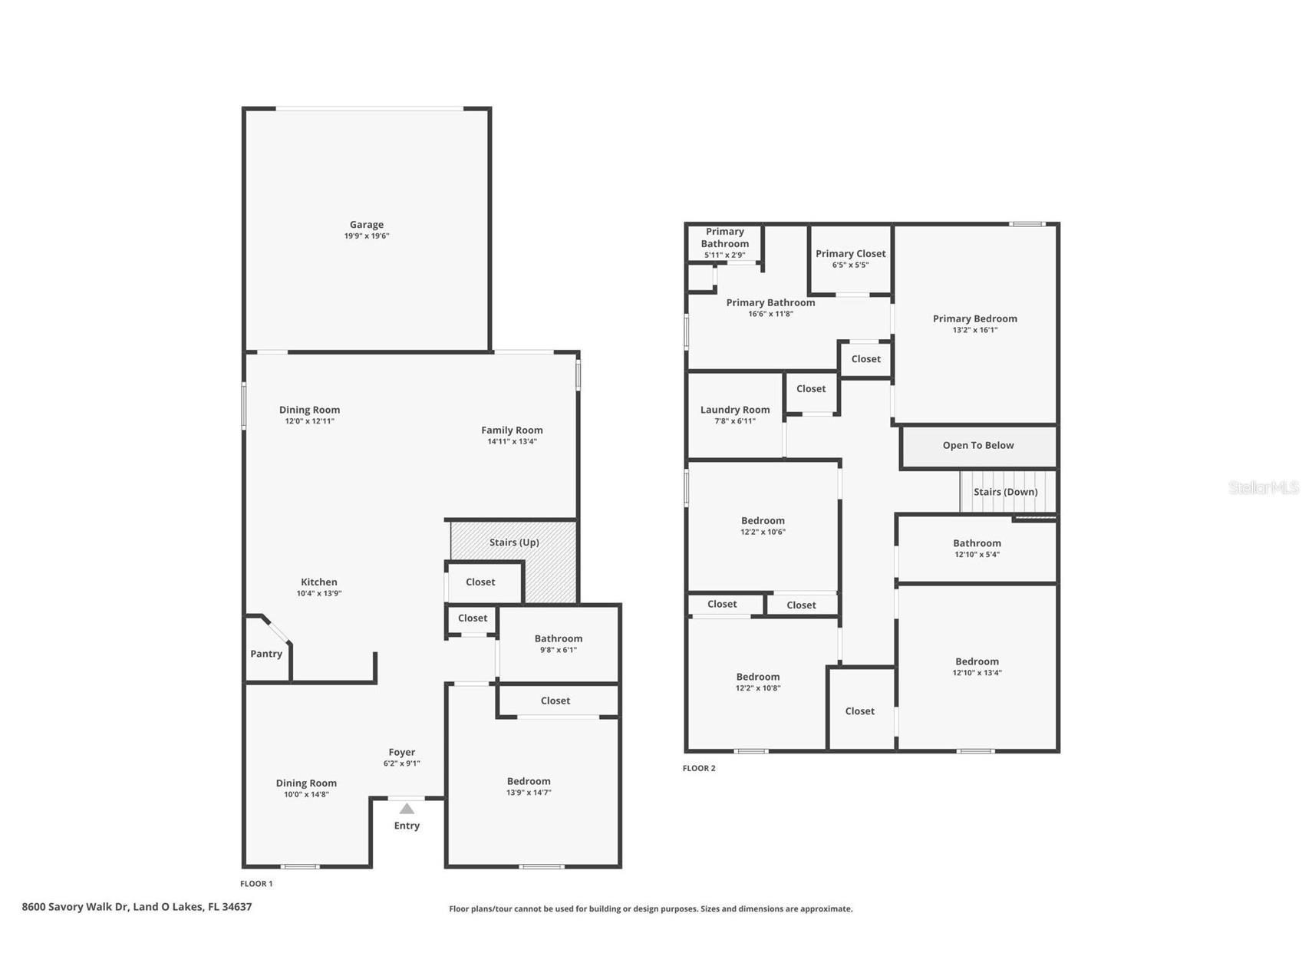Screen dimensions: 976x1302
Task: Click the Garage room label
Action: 367,226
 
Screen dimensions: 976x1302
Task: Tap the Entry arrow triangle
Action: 407,809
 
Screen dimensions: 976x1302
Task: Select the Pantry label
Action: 266,654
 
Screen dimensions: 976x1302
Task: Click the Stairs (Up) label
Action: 514,542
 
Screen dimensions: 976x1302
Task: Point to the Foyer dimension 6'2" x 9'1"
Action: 401,763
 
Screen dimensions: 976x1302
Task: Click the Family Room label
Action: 512,430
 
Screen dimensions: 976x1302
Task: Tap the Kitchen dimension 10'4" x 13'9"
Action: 319,593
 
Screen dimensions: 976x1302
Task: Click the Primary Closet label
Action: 850,254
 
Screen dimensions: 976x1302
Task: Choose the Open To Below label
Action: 978,445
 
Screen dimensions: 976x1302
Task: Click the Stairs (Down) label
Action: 1005,492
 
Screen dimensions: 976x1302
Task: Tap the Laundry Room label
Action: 735,410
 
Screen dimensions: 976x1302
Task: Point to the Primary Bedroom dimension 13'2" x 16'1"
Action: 974,330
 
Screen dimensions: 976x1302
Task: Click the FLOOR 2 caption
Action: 699,768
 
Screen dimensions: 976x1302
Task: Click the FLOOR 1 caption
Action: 256,883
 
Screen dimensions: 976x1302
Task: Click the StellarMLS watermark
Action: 1263,487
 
